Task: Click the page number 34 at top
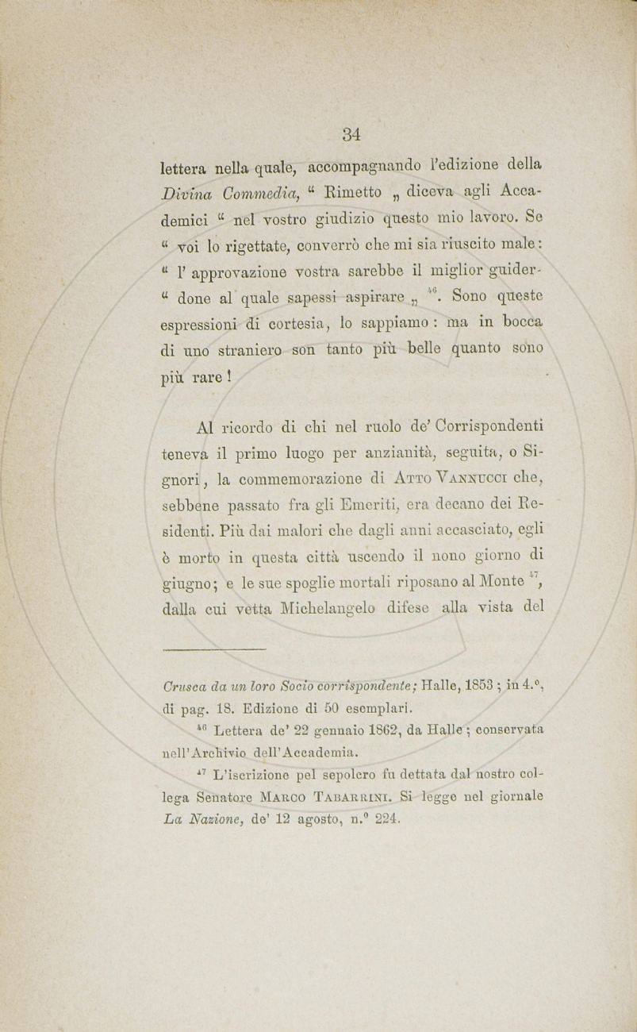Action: pyautogui.click(x=352, y=135)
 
